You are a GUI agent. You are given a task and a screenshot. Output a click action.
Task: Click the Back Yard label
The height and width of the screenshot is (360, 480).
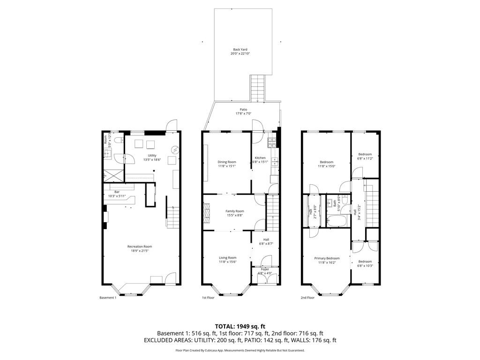tap(240, 50)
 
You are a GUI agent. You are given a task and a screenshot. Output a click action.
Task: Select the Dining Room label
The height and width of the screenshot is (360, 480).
tap(226, 162)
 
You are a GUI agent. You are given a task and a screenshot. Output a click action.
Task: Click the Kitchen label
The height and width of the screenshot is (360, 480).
tap(260, 158)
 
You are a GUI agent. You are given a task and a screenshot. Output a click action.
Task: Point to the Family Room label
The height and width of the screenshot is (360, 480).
tap(235, 211)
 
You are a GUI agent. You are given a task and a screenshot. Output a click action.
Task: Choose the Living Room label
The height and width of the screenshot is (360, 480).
tap(228, 257)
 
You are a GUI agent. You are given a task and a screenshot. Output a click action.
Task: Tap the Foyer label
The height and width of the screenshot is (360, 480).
tap(265, 269)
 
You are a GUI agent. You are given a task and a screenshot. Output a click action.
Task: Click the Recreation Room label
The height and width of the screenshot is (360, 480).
tap(140, 247)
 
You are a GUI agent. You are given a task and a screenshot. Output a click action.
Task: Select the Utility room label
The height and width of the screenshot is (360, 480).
tap(152, 156)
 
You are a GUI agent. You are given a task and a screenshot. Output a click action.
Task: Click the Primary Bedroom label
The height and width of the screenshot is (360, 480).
tap(327, 258)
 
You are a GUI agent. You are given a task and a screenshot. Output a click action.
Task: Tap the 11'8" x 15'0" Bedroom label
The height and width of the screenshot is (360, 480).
tap(327, 162)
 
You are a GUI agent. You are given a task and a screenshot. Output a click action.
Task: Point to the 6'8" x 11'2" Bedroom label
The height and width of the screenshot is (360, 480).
tap(365, 154)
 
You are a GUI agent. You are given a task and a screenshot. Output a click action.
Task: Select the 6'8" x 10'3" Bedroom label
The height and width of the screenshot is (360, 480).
tap(365, 262)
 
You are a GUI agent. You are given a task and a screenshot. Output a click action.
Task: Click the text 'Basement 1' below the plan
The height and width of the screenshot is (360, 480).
tap(108, 298)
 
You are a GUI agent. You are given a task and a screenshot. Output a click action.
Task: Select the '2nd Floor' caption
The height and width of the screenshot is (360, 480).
tap(308, 298)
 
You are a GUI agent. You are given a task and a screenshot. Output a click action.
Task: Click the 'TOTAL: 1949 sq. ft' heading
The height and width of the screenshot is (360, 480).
tap(240, 326)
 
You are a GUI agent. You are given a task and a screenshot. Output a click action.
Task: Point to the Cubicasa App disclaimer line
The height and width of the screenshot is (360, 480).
tap(240, 350)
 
